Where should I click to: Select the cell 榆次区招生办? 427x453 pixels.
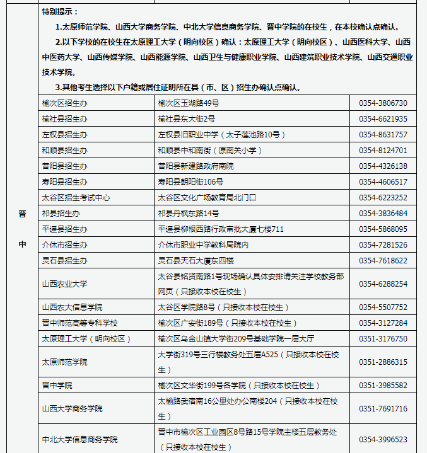pos(65,103)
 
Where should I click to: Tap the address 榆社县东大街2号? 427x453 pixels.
pos(187,119)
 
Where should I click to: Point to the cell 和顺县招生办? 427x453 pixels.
pos(65,151)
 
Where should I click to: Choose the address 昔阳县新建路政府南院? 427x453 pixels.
pos(196,166)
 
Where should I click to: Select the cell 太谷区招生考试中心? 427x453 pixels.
pos(76,198)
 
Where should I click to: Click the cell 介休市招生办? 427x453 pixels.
pos(65,245)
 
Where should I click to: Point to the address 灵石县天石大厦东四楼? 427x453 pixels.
pos(196,261)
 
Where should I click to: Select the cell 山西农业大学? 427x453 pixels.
pos(64,284)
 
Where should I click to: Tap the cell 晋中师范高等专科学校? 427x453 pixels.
pos(80,323)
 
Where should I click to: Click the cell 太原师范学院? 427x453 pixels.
pos(64,362)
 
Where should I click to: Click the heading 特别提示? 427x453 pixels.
pos(60,12)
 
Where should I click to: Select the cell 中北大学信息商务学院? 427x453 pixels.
pos(79,440)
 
